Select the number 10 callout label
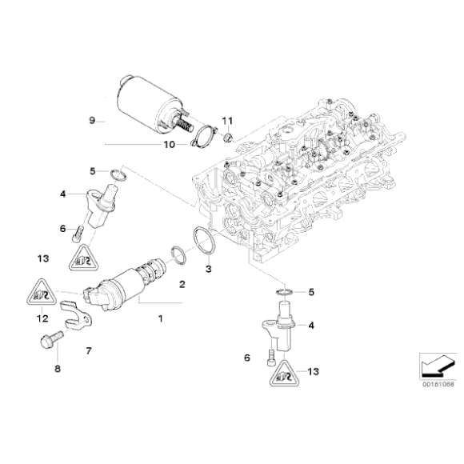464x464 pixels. pyautogui.click(x=169, y=145)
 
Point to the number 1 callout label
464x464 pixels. pyautogui.click(x=159, y=319)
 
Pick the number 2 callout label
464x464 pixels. pyautogui.click(x=182, y=284)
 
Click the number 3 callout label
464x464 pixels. pyautogui.click(x=209, y=269)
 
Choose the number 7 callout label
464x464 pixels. pyautogui.click(x=89, y=350)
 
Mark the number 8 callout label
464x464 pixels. pyautogui.click(x=57, y=369)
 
